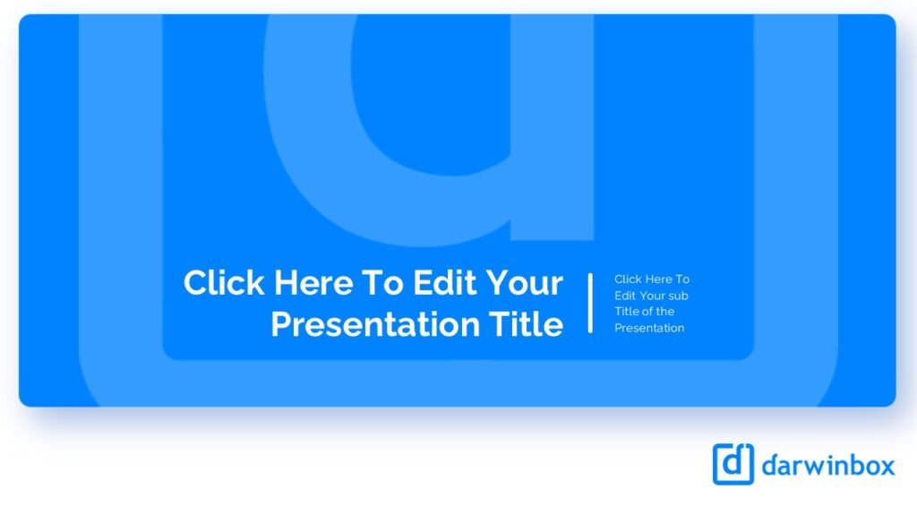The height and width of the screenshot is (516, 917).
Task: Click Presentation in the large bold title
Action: [x=375, y=324]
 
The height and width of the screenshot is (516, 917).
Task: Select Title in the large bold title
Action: [x=526, y=324]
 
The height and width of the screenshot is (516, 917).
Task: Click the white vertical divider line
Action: [x=590, y=303]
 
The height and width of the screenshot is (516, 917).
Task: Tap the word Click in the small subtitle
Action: [x=628, y=279]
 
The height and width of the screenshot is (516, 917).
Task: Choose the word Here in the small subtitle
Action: [x=660, y=279]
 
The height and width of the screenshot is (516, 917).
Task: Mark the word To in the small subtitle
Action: [x=683, y=279]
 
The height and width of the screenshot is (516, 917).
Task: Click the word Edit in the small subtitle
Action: [x=625, y=296]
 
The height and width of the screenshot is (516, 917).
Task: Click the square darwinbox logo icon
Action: [x=733, y=464]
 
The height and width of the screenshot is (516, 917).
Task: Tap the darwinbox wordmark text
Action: [x=828, y=466]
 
